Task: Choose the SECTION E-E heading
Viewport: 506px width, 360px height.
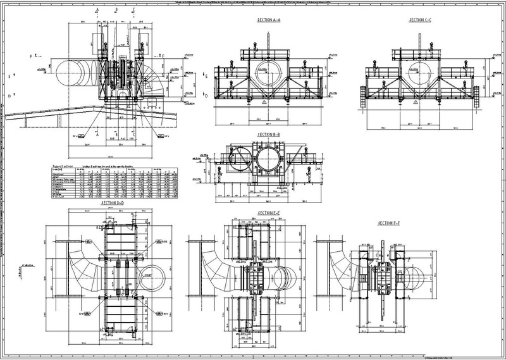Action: click(269, 212)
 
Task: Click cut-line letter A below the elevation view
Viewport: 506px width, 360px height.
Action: click(97, 135)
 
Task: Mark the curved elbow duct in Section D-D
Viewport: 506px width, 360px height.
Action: click(76, 272)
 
